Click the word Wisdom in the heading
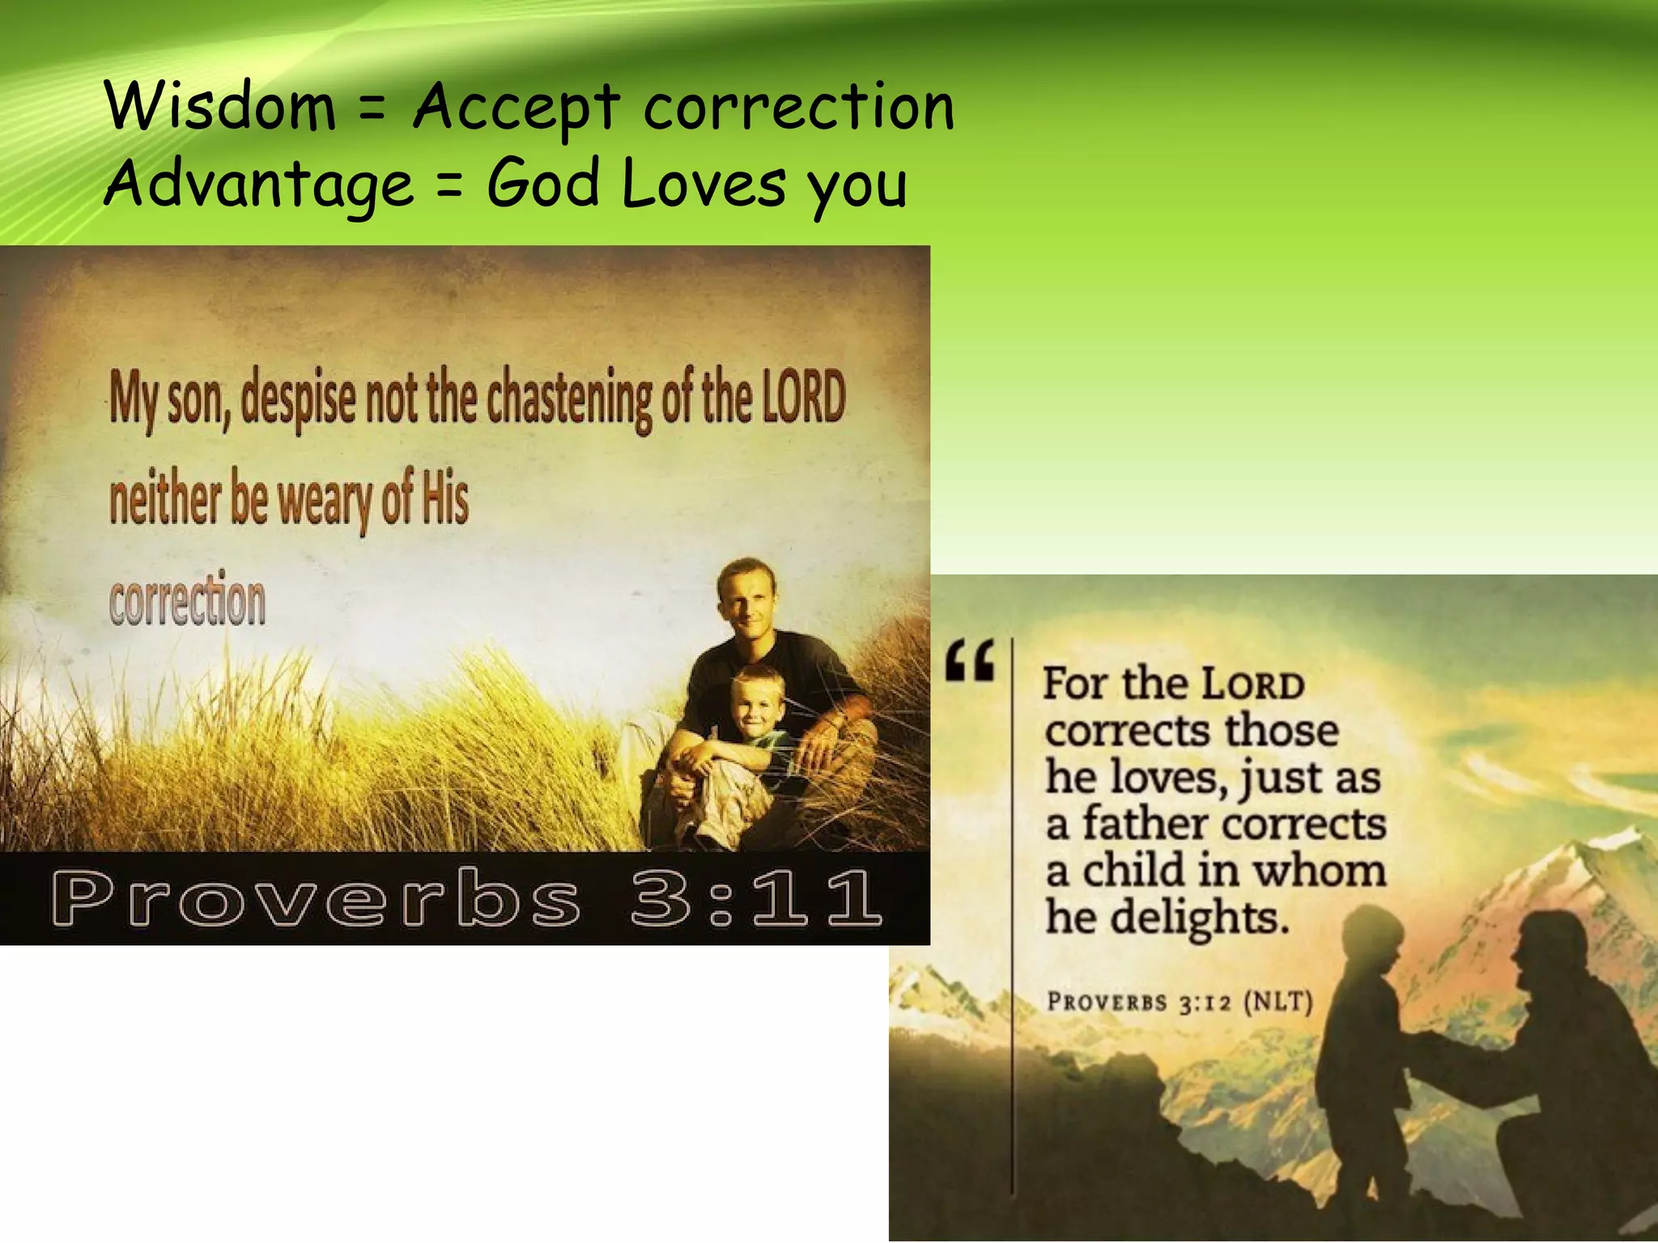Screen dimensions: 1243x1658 pos(220,107)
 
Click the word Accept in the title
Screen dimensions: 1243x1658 pos(517,108)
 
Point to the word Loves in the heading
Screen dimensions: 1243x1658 pos(704,183)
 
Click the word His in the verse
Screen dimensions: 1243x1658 pos(444,498)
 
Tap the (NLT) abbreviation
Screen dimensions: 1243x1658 pos(1277,1002)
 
